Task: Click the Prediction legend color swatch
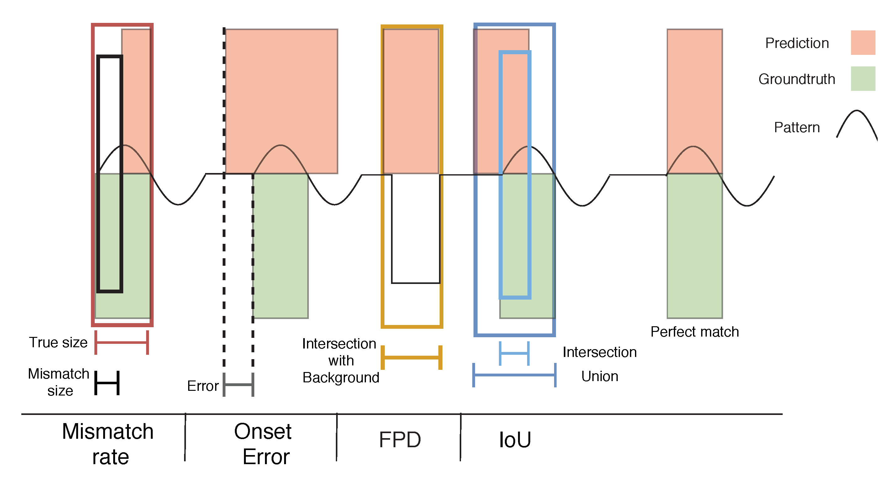(862, 43)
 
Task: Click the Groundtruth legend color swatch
(862, 79)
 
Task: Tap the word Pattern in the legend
(796, 128)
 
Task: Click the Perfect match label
(695, 332)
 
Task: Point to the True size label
(58, 343)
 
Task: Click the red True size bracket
(121, 343)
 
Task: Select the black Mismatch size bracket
(107, 383)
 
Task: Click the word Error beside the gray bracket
(203, 386)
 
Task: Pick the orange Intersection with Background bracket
(412, 357)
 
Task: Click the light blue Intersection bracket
(514, 354)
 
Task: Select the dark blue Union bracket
(514, 375)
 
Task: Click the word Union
(599, 376)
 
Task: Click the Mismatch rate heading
(108, 444)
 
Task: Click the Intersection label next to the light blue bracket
(599, 353)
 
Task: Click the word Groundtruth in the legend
(796, 79)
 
